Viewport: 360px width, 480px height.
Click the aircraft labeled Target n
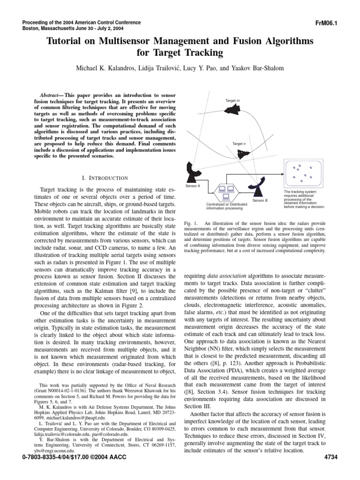point(243,153)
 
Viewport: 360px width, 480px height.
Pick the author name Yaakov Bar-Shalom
point(257,68)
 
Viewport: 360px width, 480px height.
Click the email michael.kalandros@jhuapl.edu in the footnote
point(70,428)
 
